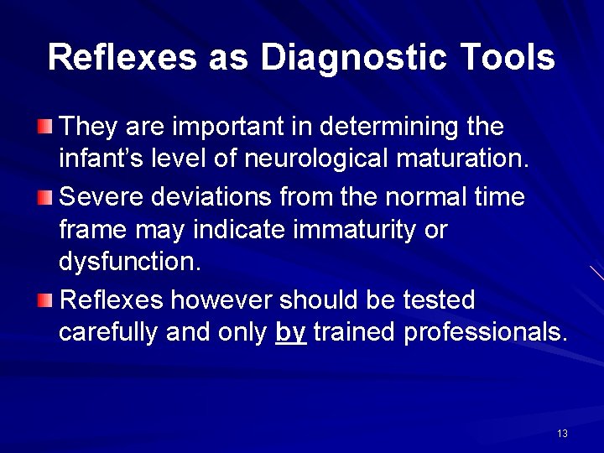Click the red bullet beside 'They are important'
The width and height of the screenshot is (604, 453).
click(44, 128)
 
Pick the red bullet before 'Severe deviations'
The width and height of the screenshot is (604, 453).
click(44, 198)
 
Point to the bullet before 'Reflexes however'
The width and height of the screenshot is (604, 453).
click(44, 299)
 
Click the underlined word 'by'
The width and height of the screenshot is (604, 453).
click(290, 333)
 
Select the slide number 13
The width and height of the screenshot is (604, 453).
click(562, 433)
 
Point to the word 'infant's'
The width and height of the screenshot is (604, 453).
click(92, 160)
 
